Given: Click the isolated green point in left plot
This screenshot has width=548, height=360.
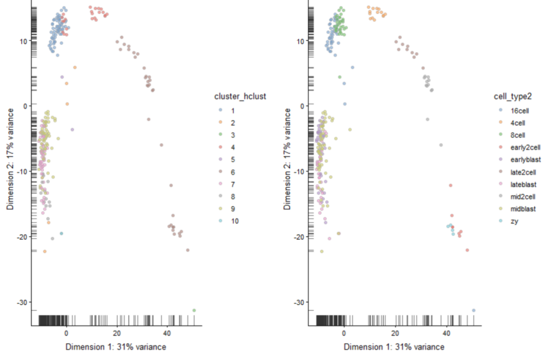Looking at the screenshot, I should [x=194, y=310].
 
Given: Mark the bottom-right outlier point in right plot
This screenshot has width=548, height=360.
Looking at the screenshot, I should [x=473, y=310].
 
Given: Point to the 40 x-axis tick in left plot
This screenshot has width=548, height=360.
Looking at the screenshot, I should [x=167, y=333].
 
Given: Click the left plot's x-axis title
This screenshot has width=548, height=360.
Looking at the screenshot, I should [x=115, y=347].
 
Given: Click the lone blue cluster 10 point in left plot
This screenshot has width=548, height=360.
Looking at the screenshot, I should [x=61, y=233].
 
